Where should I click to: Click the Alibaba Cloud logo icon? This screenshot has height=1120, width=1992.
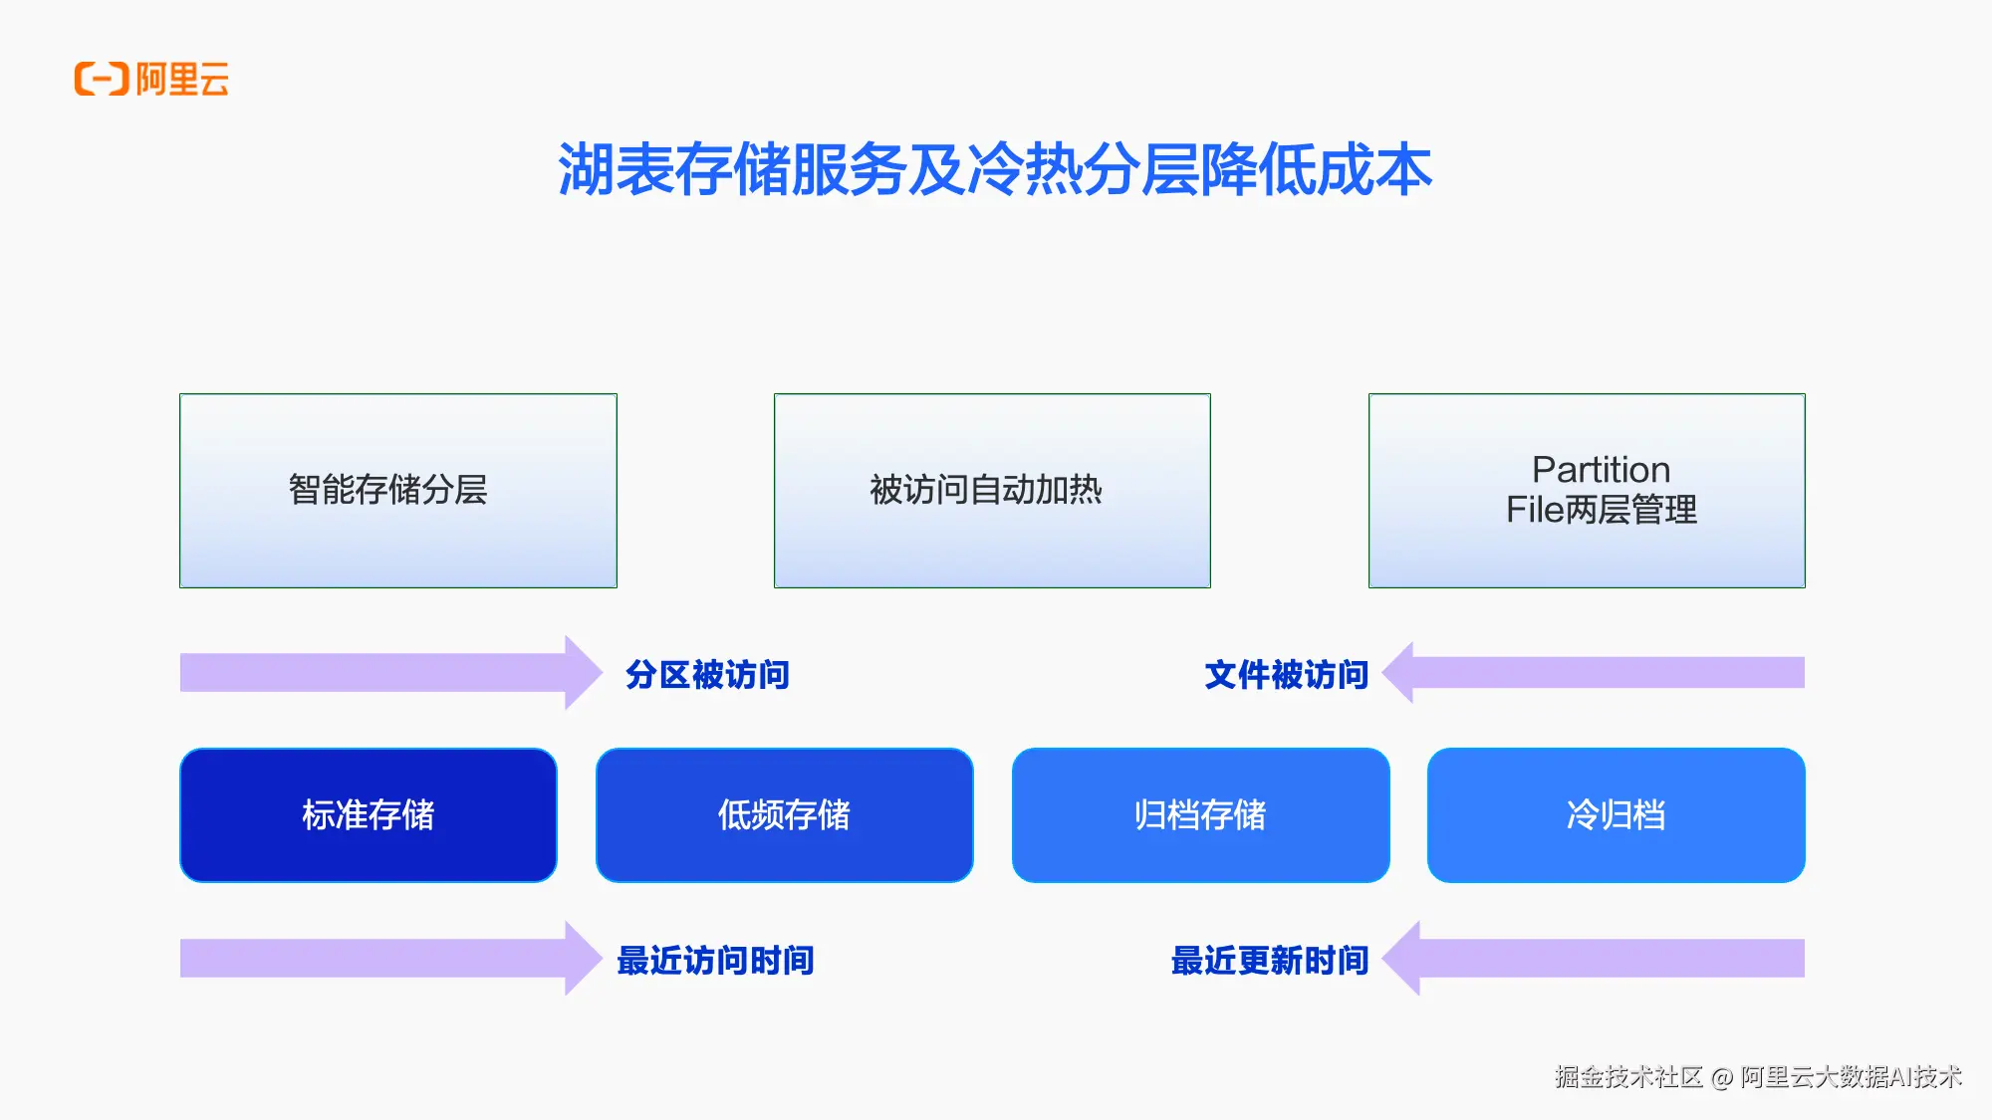(102, 79)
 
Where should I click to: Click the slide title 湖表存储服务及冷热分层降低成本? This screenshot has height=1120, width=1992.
(994, 169)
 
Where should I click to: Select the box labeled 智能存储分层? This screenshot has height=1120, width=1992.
(397, 490)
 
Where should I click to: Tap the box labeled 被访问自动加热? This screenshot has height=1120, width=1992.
(992, 490)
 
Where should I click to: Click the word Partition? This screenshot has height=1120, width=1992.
(1601, 469)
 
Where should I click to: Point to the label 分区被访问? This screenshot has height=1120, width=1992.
(707, 674)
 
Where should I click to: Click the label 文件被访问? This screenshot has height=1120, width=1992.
(1286, 674)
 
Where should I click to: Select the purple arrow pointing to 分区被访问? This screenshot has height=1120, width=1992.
(388, 672)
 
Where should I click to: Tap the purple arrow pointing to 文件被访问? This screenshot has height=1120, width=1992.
(1594, 672)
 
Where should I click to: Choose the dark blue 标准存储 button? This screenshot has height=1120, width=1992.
(369, 814)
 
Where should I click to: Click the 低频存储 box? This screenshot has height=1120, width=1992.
(784, 814)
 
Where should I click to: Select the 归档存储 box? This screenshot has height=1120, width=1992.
(1200, 814)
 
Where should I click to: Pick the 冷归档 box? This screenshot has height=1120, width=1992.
(1616, 814)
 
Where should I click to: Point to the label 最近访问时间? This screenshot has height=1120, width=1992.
(715, 960)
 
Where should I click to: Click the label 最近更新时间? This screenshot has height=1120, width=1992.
(1270, 960)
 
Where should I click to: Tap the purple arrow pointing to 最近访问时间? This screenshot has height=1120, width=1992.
(388, 958)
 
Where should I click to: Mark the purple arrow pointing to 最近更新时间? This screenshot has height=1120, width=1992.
(1594, 958)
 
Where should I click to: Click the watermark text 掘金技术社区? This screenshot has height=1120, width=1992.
(1628, 1076)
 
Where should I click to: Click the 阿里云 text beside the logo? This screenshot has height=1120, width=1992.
(182, 79)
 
